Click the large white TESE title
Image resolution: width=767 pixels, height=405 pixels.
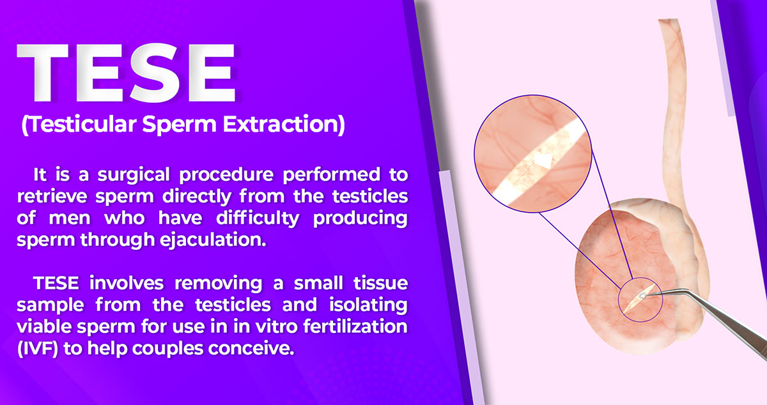click(x=126, y=73)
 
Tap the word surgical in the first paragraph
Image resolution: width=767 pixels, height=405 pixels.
click(x=134, y=175)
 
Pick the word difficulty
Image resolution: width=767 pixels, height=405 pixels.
click(x=258, y=218)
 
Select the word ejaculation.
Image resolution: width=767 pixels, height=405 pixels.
click(x=213, y=240)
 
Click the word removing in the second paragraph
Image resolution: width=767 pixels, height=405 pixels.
click(x=218, y=284)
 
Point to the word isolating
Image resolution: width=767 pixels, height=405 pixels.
click(x=368, y=305)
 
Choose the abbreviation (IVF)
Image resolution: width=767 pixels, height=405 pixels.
click(x=38, y=349)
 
